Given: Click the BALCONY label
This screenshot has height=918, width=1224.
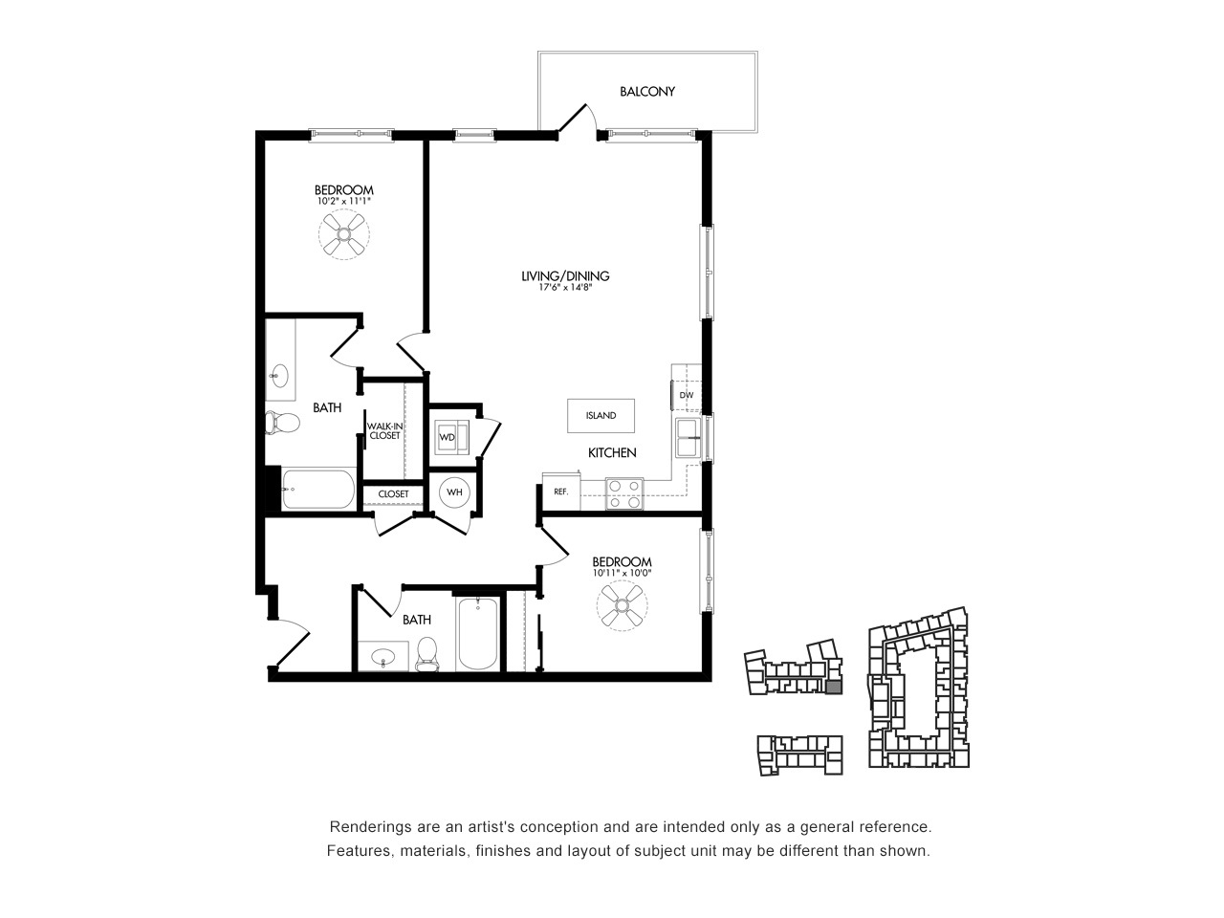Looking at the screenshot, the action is pos(646,92).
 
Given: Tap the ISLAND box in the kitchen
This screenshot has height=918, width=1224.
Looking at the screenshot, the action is pos(601,415).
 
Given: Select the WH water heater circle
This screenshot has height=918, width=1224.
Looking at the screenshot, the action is pos(454,492).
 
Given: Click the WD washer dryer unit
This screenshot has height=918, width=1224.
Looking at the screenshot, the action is pos(452,437).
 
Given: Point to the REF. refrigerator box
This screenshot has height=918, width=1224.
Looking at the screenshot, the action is pos(561,492).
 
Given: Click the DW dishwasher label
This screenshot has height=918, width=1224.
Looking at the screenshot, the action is pos(687,395).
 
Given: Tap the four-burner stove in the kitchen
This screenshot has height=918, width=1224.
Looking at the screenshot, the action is pos(624,493).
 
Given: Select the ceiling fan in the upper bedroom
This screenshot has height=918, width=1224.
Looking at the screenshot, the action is pos(344,234).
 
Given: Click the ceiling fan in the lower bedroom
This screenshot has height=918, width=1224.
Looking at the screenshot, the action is pos(622,605).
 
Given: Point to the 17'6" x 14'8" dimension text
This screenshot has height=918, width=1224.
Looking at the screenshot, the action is pos(565,288).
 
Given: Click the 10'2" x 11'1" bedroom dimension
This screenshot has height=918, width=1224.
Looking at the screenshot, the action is pos(344,201).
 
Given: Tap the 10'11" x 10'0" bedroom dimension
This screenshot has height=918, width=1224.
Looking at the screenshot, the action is pos(622,573).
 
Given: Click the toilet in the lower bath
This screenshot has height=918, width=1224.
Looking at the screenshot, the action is pos(427,654).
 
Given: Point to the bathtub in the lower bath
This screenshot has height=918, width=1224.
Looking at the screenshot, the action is pos(477,634).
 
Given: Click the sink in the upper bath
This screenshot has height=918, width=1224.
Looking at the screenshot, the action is pos(279,376).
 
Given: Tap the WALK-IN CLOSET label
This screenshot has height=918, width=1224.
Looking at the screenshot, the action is pos(384,431).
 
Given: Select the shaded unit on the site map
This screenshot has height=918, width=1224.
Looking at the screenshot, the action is pos(833,688).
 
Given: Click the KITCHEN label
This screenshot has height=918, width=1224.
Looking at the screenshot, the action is pos(612,452).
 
